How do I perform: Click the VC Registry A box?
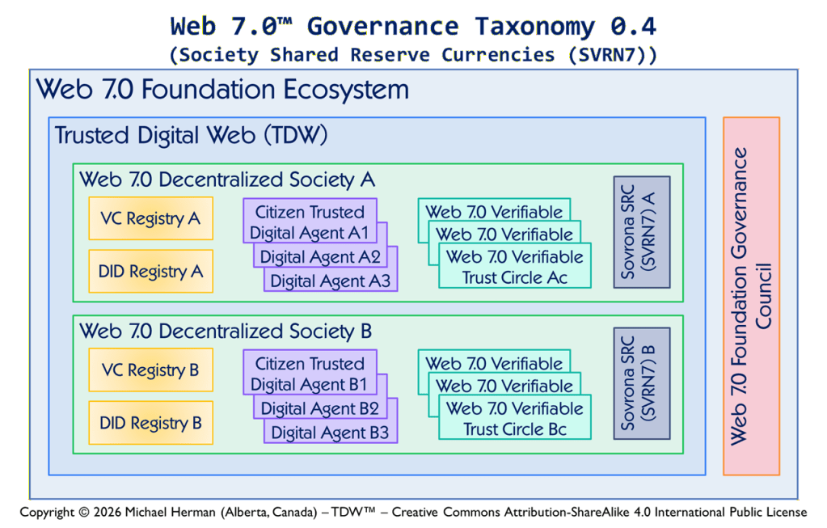(151, 218)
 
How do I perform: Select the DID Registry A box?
(151, 271)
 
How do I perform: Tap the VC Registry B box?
(151, 370)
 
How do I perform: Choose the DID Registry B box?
(151, 423)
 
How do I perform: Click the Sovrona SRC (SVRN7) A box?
(642, 232)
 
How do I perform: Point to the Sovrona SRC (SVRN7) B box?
(642, 383)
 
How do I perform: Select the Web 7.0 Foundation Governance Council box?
(751, 296)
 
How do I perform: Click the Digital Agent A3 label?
(330, 281)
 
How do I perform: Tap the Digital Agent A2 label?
(320, 257)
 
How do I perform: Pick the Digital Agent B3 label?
(330, 433)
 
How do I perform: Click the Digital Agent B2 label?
(319, 409)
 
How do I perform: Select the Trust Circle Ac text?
(515, 277)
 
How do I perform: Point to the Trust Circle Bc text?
(515, 429)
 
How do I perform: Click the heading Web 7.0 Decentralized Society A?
(227, 180)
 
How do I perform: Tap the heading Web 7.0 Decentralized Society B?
(226, 332)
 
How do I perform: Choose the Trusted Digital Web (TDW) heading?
(191, 135)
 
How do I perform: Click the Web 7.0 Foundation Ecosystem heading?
(222, 89)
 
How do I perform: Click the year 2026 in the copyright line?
(108, 512)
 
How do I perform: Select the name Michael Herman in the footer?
(171, 512)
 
